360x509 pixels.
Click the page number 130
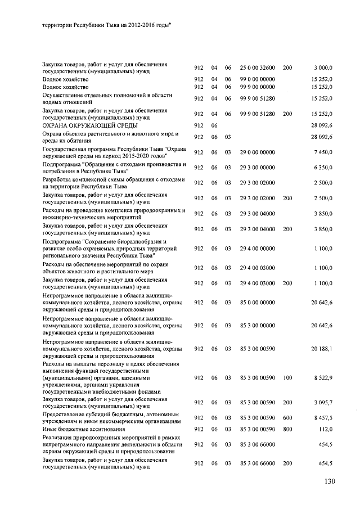[329, 481]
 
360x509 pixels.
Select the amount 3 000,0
[322, 67]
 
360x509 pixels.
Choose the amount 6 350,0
[322, 168]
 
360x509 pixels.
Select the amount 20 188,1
[321, 349]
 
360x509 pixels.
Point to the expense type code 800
[287, 430]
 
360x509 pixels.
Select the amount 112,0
[325, 430]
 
